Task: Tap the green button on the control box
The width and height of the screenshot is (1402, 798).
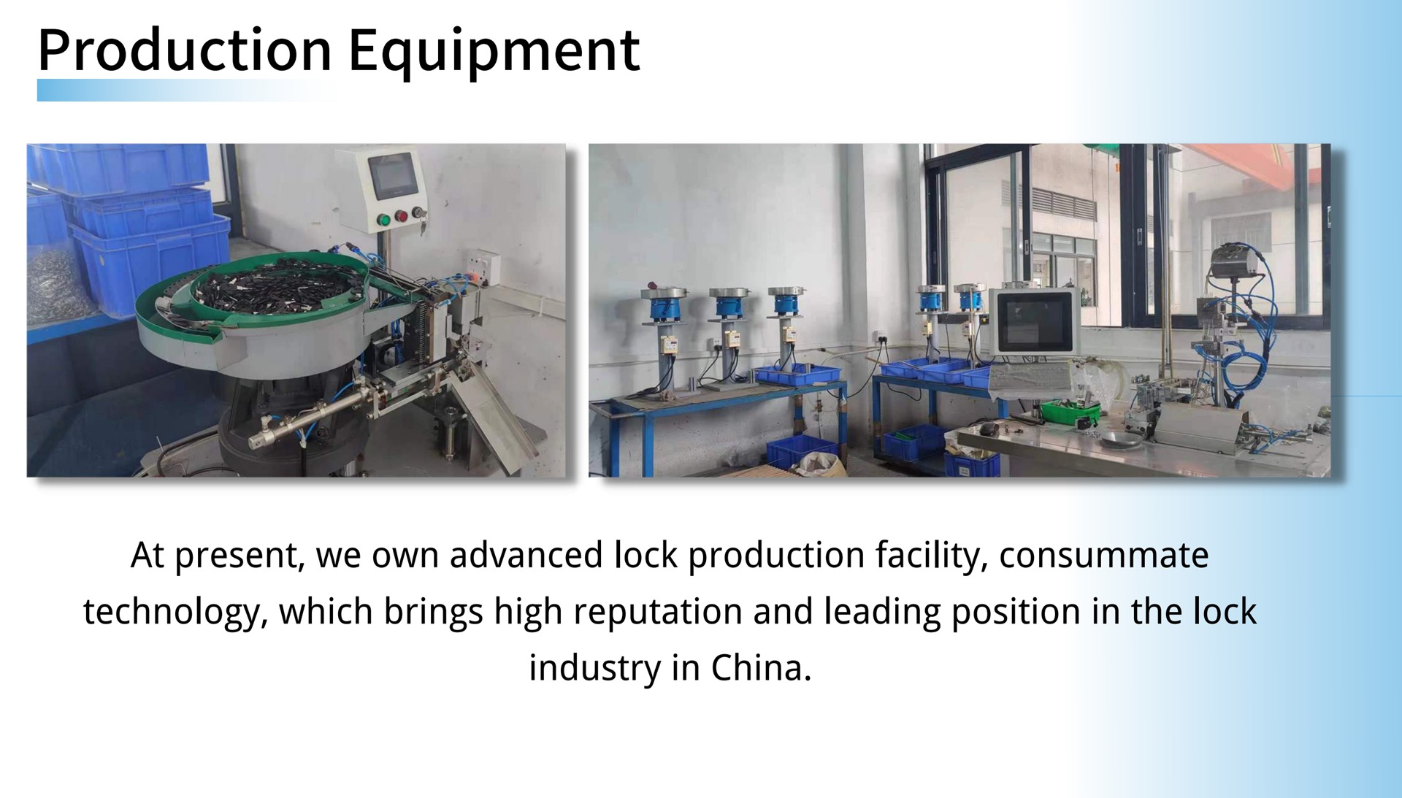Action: point(383,219)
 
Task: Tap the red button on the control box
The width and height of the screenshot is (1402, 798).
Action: point(401,216)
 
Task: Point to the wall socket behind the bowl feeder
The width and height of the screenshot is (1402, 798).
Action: point(483,264)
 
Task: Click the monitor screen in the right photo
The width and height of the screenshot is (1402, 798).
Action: point(1033,321)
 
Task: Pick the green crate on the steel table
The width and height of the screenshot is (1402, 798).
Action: point(1069,412)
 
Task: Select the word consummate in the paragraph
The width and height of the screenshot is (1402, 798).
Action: point(1103,555)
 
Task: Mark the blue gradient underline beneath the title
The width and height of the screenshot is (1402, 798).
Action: point(186,90)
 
